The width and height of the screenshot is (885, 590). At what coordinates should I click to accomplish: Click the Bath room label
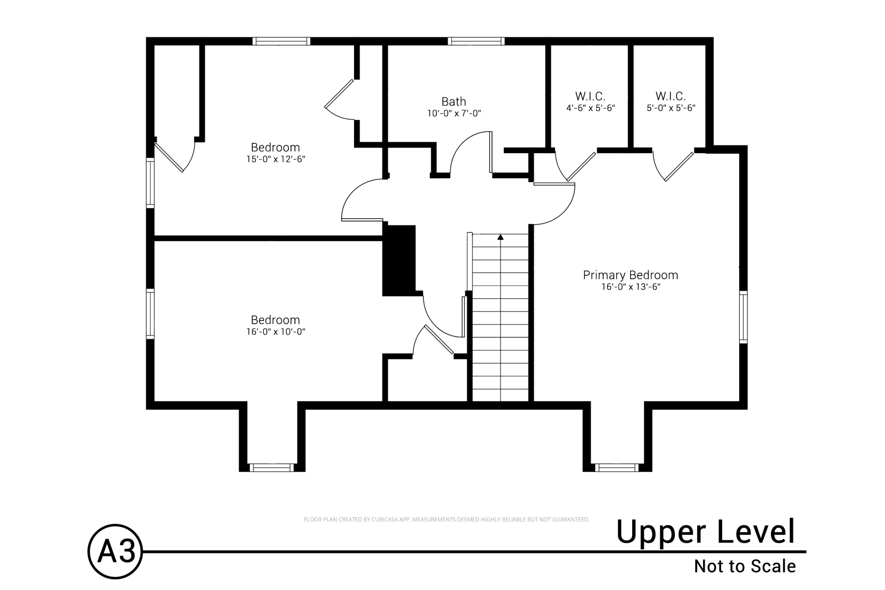pyautogui.click(x=454, y=102)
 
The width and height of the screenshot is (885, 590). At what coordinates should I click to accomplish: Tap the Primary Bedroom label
pyautogui.click(x=630, y=275)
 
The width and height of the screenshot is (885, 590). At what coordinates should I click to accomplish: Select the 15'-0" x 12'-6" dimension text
pyautogui.click(x=276, y=159)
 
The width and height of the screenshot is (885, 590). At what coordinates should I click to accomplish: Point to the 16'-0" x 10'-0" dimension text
pyautogui.click(x=276, y=332)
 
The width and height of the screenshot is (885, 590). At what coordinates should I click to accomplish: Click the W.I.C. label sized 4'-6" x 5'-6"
pyautogui.click(x=590, y=96)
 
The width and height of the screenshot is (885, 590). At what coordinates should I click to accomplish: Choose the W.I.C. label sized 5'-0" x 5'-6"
pyautogui.click(x=671, y=96)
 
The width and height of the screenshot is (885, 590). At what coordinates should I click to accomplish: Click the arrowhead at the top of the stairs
pyautogui.click(x=500, y=237)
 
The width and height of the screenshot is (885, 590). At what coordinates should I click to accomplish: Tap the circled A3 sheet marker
pyautogui.click(x=115, y=551)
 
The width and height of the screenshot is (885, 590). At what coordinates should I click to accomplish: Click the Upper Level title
pyautogui.click(x=705, y=532)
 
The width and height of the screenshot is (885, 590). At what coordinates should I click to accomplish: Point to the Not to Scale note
pyautogui.click(x=745, y=567)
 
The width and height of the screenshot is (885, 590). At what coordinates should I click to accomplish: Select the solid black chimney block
pyautogui.click(x=399, y=260)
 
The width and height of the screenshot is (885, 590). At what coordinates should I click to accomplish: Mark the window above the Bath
pyautogui.click(x=476, y=41)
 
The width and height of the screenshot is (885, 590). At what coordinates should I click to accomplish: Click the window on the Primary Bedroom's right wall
pyautogui.click(x=743, y=317)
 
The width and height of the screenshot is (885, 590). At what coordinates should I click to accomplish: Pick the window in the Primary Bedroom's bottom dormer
pyautogui.click(x=617, y=467)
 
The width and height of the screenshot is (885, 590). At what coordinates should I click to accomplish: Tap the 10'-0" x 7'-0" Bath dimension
pyautogui.click(x=454, y=114)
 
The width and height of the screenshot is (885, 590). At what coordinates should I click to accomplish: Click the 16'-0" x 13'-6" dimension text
pyautogui.click(x=631, y=287)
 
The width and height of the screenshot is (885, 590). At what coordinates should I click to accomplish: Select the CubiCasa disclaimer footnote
pyautogui.click(x=446, y=519)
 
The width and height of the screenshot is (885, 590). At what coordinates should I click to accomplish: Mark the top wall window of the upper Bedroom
pyautogui.click(x=281, y=41)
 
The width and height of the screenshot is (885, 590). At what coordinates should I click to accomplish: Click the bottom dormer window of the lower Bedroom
pyautogui.click(x=271, y=467)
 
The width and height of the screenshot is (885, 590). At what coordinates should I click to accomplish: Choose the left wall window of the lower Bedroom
pyautogui.click(x=150, y=314)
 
